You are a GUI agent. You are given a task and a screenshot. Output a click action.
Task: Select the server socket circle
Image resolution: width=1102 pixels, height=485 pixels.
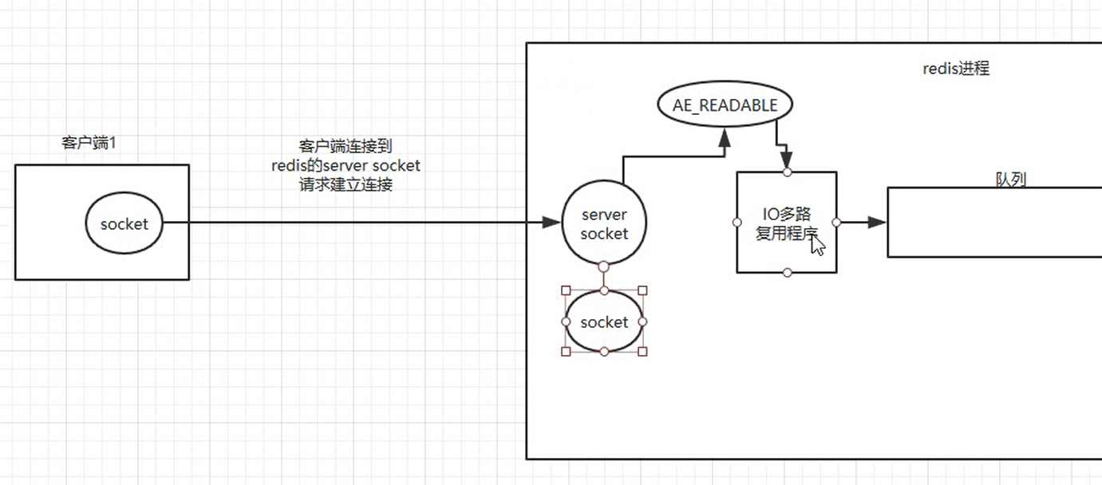pyautogui.click(x=604, y=223)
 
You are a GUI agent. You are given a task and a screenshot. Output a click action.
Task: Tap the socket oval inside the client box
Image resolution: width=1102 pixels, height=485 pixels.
pyautogui.click(x=124, y=224)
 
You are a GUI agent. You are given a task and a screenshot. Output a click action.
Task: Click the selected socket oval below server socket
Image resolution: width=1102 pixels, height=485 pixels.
pyautogui.click(x=604, y=322)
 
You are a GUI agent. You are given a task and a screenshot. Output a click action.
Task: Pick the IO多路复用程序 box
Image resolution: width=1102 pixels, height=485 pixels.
pyautogui.click(x=786, y=199)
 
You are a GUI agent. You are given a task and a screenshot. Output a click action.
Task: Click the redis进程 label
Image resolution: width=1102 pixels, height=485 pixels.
pyautogui.click(x=956, y=69)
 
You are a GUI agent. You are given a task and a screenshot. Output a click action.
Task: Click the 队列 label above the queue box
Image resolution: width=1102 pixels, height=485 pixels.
pyautogui.click(x=1010, y=179)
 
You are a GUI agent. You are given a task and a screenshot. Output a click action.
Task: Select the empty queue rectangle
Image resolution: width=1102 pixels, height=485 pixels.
pyautogui.click(x=994, y=223)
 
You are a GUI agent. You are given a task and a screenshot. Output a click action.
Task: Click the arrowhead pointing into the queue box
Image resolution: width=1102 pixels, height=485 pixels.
pyautogui.click(x=876, y=223)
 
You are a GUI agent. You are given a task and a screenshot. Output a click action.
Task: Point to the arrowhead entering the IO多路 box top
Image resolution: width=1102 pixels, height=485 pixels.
pyautogui.click(x=786, y=158)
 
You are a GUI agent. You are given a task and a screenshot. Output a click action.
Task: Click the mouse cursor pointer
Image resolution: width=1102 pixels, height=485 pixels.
pyautogui.click(x=817, y=244)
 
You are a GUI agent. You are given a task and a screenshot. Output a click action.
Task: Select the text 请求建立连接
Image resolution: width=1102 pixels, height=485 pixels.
pyautogui.click(x=346, y=185)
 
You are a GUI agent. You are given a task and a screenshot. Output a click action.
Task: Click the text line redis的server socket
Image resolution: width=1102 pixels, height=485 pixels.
pyautogui.click(x=346, y=166)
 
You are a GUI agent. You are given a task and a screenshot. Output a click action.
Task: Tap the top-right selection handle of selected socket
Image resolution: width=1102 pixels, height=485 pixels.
pyautogui.click(x=643, y=291)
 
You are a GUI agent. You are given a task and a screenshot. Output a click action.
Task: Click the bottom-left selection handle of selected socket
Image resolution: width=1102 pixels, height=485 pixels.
pyautogui.click(x=566, y=352)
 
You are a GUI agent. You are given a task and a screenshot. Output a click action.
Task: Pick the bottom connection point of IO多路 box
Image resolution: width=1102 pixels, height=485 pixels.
pyautogui.click(x=787, y=273)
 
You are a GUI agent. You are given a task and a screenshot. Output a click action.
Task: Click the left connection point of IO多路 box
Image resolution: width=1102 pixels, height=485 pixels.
pyautogui.click(x=737, y=223)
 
